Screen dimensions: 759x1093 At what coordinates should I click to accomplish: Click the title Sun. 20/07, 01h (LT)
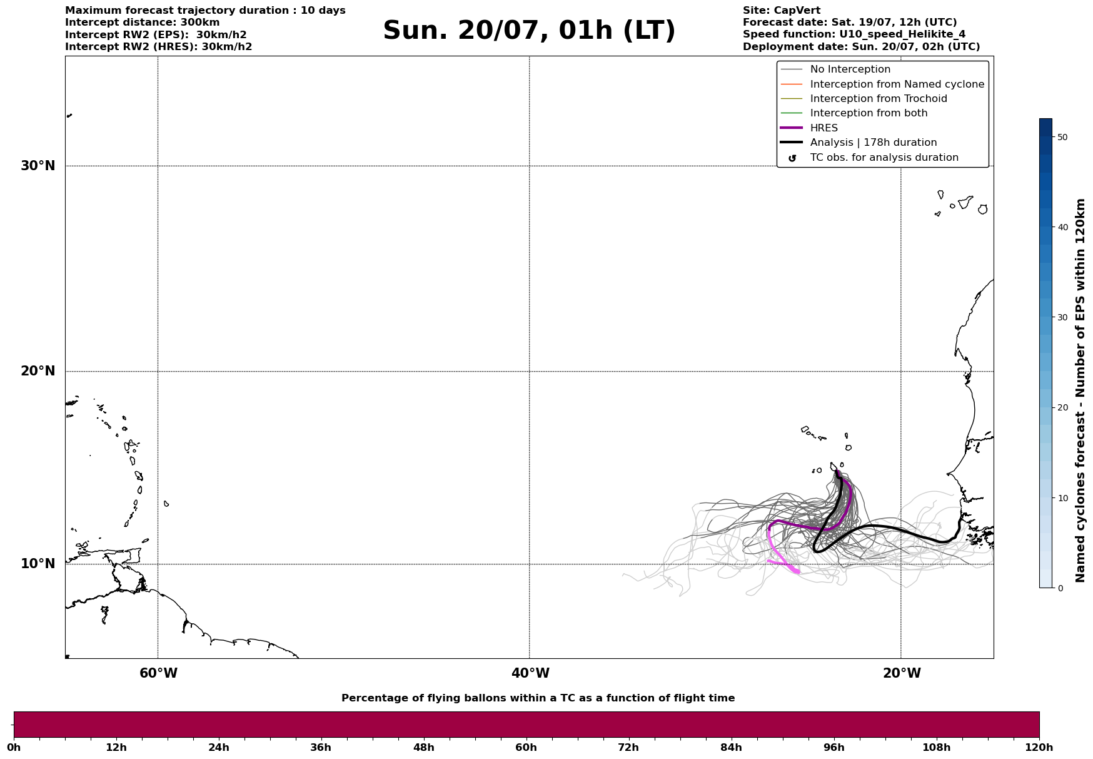coord(529,31)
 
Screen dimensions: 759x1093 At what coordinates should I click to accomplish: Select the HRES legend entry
coord(824,128)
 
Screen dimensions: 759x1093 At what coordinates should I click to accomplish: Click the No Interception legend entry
coord(850,69)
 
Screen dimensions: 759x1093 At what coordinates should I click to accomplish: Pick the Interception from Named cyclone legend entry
coord(897,84)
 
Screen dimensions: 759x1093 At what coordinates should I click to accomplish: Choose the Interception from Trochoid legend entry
coord(878,99)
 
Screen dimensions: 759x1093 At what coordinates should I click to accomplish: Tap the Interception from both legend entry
coord(869,113)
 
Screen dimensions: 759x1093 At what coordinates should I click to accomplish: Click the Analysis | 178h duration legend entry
coord(873,143)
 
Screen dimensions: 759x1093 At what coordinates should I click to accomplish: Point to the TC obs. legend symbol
coord(792,158)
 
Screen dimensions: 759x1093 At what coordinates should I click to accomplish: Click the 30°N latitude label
coord(38,166)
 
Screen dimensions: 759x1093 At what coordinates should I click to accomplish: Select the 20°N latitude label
coord(38,371)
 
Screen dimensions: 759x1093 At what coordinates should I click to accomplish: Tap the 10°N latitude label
coord(38,564)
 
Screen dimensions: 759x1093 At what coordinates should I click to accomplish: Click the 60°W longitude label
coord(158,673)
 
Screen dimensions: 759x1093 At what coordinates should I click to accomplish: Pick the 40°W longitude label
coord(530,673)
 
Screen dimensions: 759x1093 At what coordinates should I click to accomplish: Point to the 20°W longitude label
coord(902,673)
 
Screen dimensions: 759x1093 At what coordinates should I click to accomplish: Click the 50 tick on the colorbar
coord(1062,137)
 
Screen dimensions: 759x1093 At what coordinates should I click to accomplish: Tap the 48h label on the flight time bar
coord(423,748)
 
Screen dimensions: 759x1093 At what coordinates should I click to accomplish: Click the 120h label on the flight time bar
coord(1039,748)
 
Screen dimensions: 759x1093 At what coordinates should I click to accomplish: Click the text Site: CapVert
coord(782,11)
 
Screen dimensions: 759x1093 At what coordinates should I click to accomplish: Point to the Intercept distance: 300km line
coord(143,23)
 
